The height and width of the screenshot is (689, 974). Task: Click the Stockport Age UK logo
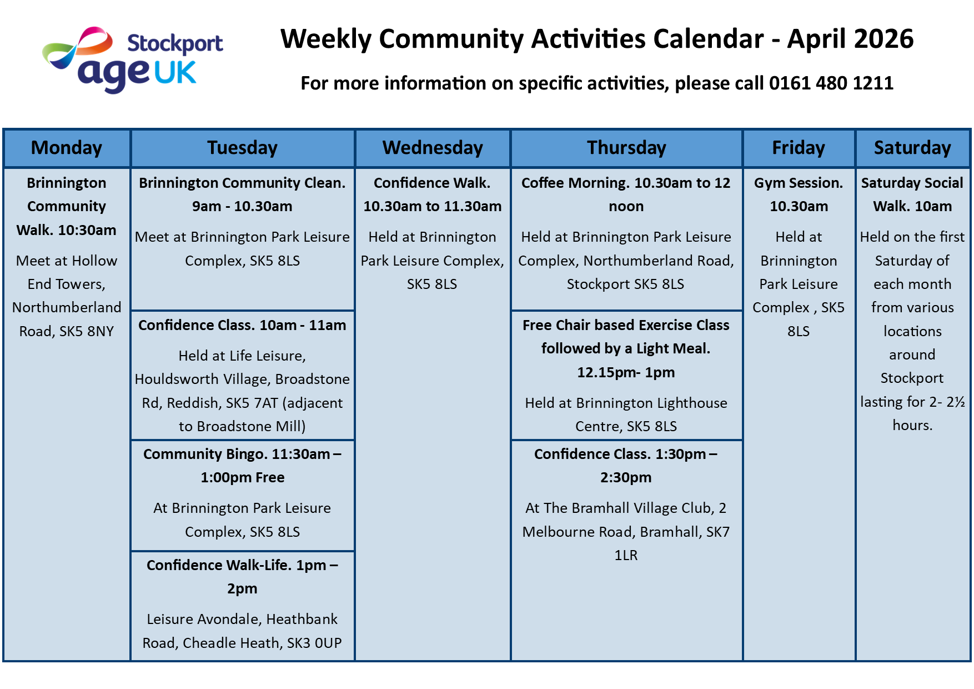(133, 59)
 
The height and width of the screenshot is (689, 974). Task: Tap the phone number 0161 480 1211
(831, 83)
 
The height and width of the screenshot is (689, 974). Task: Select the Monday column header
(67, 148)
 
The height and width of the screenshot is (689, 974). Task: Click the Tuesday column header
(242, 148)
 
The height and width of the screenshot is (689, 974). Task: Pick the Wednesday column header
(433, 148)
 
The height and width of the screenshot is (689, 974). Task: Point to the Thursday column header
(626, 148)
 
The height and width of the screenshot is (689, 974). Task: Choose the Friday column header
(799, 148)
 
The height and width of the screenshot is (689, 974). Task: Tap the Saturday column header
(912, 148)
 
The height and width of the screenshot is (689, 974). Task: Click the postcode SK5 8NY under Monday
(86, 332)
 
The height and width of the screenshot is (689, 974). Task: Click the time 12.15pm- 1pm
(626, 372)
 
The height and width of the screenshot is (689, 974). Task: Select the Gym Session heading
(799, 183)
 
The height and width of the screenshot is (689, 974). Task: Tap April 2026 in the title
(850, 39)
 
